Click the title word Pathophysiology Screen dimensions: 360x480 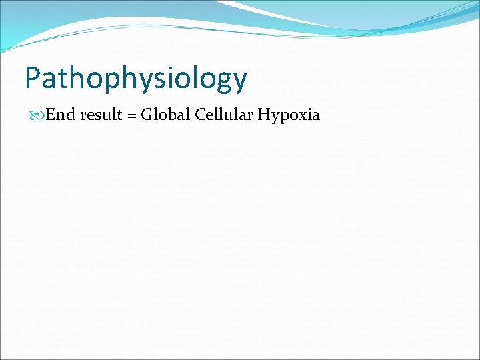pyautogui.click(x=136, y=79)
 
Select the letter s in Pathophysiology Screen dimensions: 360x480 pyautogui.click(x=159, y=79)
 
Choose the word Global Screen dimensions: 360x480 pyautogui.click(x=166, y=115)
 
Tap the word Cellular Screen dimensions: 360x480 pyautogui.click(x=224, y=115)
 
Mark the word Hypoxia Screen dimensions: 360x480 pyautogui.click(x=289, y=115)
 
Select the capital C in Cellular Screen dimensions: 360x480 pyautogui.click(x=201, y=115)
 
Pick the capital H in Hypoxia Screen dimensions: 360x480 pyautogui.click(x=264, y=115)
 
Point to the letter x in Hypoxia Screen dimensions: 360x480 pyautogui.click(x=301, y=116)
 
